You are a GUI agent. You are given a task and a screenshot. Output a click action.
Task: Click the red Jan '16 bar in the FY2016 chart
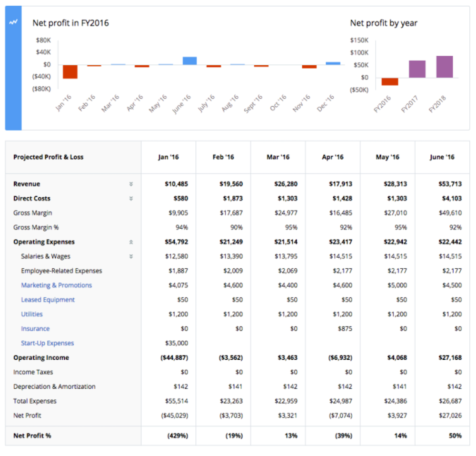pos(70,71)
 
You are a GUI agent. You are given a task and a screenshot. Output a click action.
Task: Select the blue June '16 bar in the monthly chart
pos(189,61)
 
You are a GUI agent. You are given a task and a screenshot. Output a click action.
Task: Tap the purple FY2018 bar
pos(444,67)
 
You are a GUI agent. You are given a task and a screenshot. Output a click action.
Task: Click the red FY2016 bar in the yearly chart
pos(389,81)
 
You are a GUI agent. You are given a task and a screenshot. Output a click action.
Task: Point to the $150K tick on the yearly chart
pos(359,40)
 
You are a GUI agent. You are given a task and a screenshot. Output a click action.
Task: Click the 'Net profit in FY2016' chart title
pos(70,23)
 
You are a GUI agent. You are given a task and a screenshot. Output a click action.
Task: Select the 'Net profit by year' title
pos(384,23)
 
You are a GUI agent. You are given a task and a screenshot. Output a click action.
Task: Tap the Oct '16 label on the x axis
pos(278,103)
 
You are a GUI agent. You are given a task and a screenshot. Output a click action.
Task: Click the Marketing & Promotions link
pos(56,285)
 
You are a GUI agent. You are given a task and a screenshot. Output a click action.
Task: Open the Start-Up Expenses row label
pos(47,343)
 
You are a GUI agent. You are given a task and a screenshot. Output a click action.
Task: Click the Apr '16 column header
pos(333,157)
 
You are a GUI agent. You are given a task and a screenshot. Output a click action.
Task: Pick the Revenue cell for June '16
pos(450,184)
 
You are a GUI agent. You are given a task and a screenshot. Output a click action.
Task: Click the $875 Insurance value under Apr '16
pos(344,329)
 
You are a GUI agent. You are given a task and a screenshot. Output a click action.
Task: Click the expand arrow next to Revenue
pos(131,184)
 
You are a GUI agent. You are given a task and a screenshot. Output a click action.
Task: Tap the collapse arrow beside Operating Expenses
pos(131,242)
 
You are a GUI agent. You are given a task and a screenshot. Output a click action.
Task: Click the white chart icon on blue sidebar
pos(13,22)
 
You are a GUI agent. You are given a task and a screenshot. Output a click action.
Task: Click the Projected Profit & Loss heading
pos(48,157)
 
